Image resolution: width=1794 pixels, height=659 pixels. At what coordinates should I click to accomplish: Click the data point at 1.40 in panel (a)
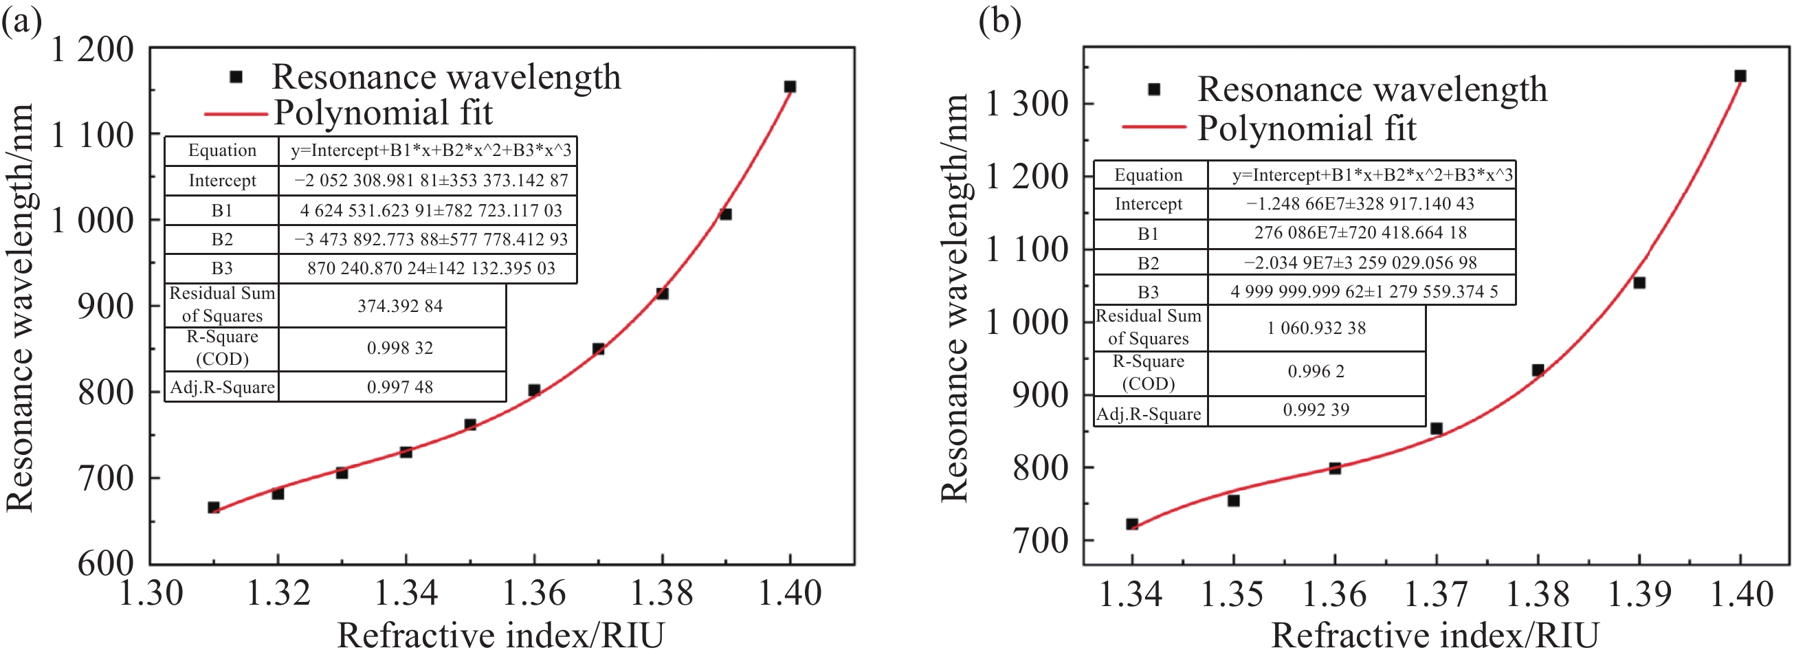pos(790,87)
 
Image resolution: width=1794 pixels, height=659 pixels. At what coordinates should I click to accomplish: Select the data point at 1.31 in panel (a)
pos(214,507)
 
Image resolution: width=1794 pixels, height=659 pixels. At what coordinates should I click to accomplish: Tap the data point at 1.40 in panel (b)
pos(1740,76)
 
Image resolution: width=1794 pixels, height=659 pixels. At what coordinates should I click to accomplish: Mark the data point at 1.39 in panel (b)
pos(1639,282)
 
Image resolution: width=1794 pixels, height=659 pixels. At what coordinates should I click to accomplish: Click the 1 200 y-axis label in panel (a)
pos(92,50)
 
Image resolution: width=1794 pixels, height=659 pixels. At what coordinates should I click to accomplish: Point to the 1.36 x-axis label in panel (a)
pos(533,594)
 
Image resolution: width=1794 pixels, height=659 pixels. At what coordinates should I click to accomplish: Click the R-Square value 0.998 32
pos(400,348)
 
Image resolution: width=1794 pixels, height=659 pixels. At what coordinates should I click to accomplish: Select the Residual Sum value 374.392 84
pos(400,306)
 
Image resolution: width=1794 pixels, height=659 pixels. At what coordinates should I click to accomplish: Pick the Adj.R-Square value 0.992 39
pos(1316,410)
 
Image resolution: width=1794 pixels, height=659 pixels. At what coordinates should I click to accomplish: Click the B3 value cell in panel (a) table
pos(431,269)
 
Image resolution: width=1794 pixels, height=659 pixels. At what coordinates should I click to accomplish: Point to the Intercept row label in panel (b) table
pos(1149,204)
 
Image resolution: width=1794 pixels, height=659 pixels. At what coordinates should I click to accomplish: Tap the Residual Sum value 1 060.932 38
pos(1316,328)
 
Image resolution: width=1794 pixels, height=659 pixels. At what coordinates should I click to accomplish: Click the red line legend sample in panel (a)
pos(235,113)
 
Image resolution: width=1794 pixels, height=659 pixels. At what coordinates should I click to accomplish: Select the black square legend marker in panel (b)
pos(1154,89)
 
